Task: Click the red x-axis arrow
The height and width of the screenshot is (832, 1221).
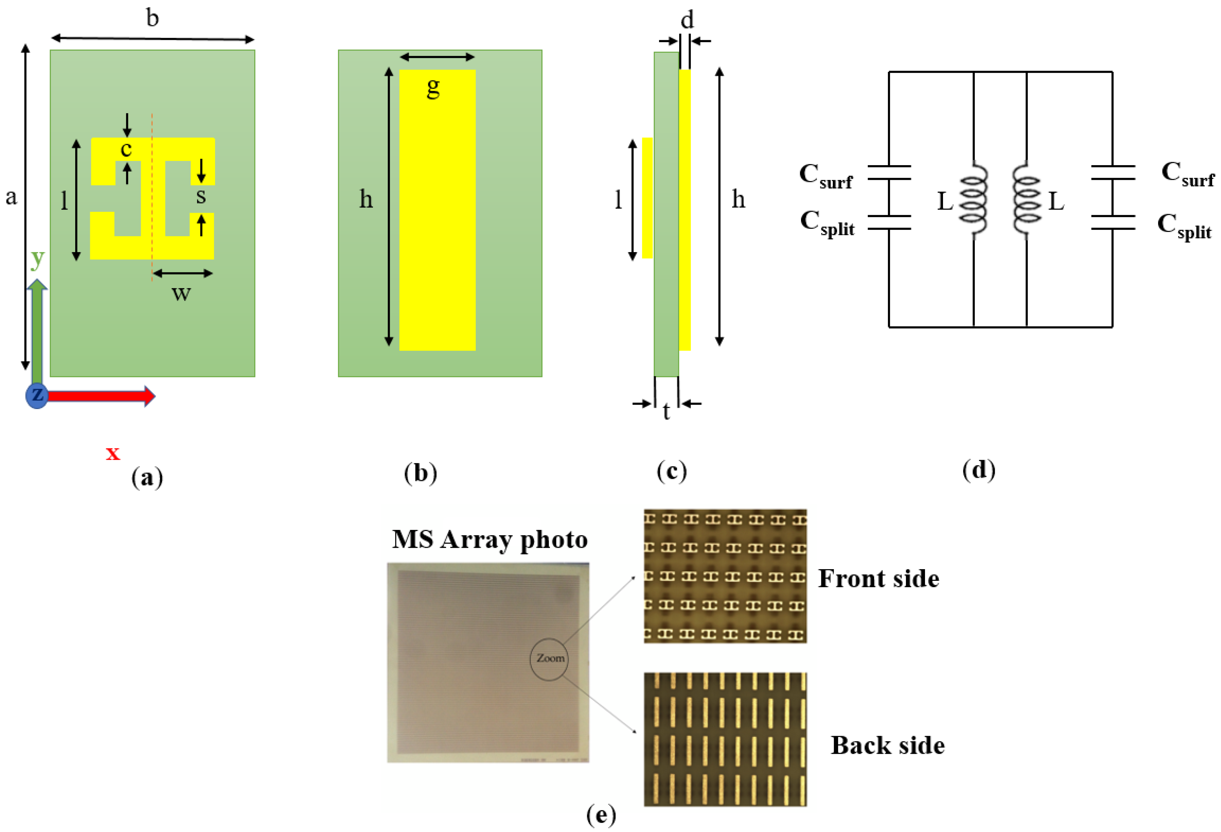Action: (x=100, y=396)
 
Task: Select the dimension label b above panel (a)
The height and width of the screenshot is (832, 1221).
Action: (x=152, y=18)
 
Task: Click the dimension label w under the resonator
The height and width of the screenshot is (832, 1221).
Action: (x=181, y=293)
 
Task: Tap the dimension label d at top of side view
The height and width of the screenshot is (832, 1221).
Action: (x=687, y=20)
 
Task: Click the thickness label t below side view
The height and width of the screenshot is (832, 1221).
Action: (x=666, y=411)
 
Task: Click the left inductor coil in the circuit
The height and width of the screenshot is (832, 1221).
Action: (x=974, y=200)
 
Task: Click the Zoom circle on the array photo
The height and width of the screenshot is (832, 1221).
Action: (x=550, y=658)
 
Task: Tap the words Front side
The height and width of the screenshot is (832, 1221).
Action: (x=878, y=579)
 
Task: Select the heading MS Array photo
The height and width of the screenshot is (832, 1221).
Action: (x=490, y=540)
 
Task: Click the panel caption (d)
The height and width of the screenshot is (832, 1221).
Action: (x=979, y=469)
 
